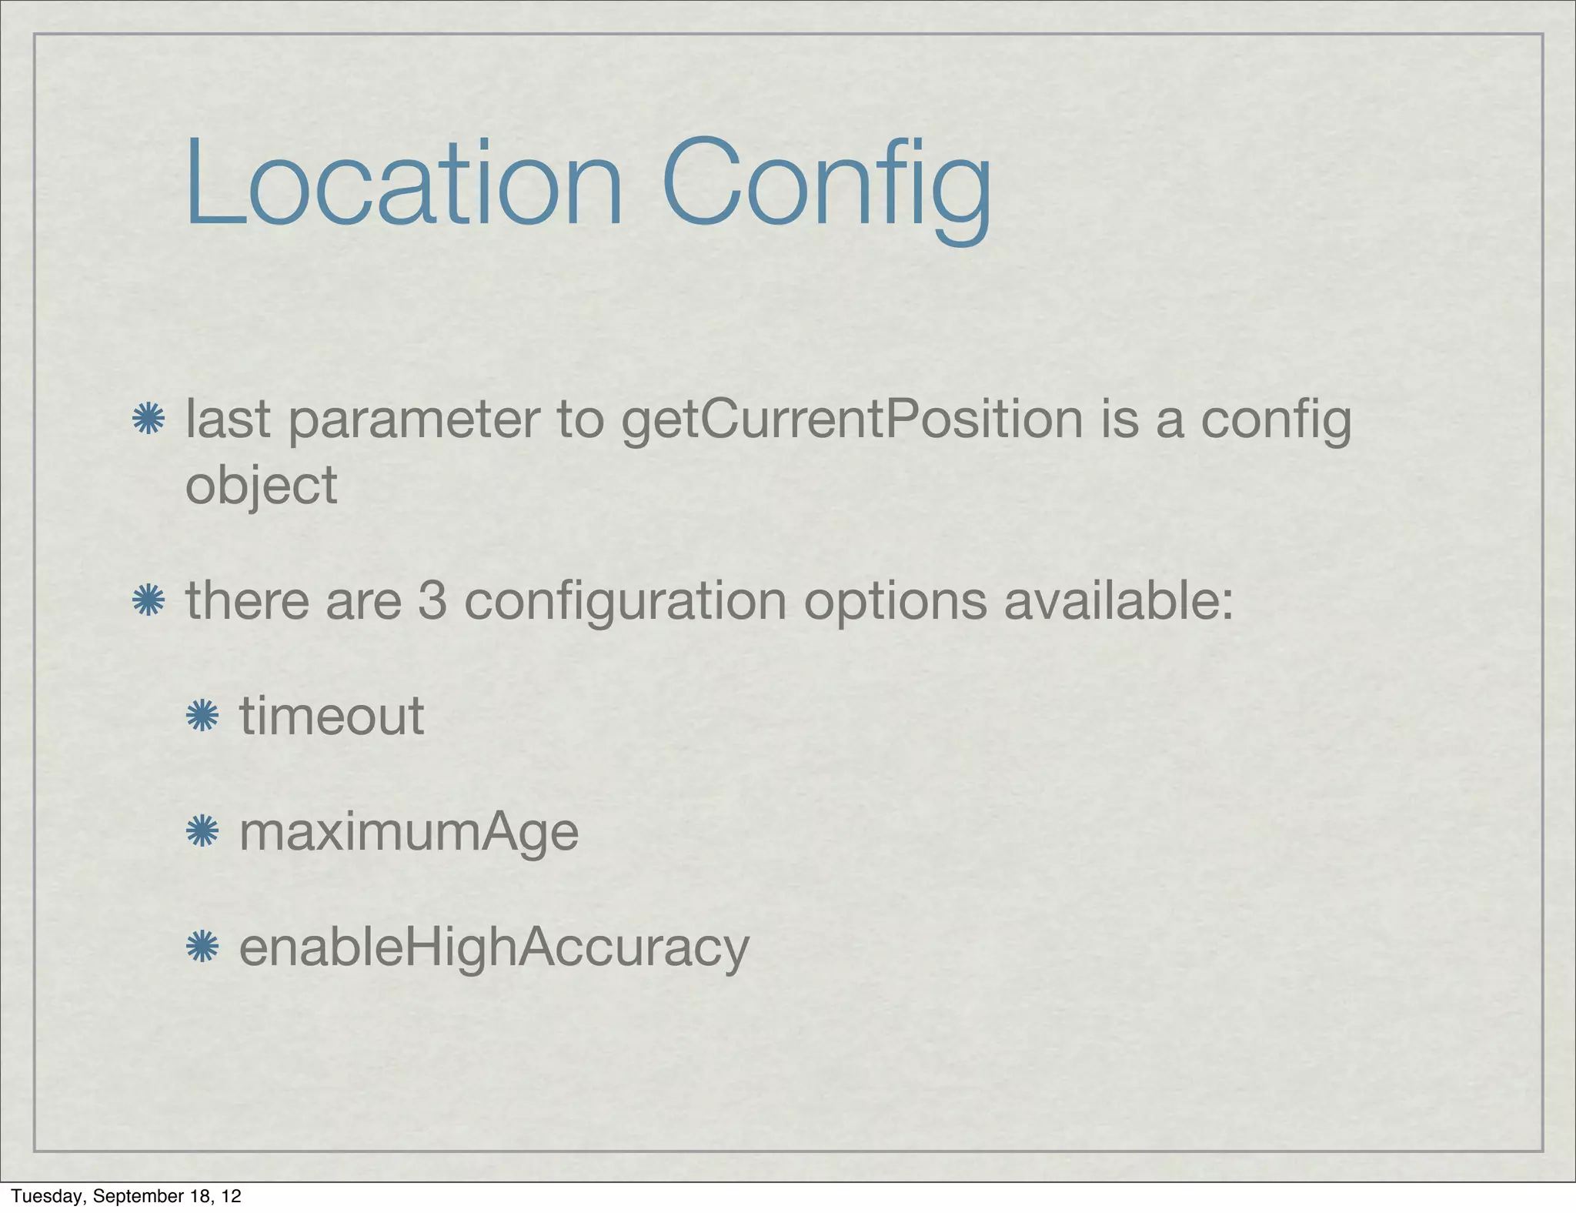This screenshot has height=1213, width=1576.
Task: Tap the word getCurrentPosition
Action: [x=852, y=422]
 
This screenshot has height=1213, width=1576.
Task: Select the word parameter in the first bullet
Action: [x=413, y=422]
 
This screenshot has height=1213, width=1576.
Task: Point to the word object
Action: [x=261, y=487]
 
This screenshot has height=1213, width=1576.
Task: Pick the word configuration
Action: [x=625, y=603]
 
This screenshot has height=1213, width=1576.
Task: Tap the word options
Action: [x=895, y=603]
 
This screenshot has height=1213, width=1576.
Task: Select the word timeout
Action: [x=332, y=716]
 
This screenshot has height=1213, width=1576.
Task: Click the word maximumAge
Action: [x=409, y=834]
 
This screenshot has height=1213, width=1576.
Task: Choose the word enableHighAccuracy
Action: [x=494, y=949]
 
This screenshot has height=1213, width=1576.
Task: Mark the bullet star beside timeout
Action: [x=202, y=716]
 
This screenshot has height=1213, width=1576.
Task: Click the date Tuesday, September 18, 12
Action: [x=126, y=1196]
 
